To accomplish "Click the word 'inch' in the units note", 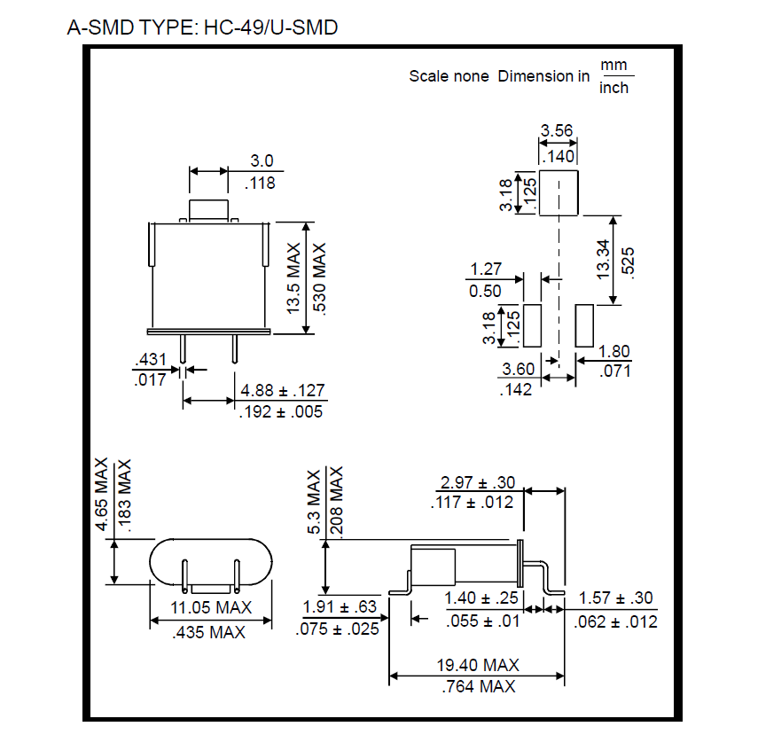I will coord(614,88).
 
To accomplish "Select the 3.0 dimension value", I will coord(262,161).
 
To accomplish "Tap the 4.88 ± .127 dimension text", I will coord(282,390).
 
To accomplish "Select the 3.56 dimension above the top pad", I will coord(557,131).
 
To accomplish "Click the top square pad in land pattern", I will coord(559,192).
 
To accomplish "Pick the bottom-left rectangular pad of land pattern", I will coord(533,326).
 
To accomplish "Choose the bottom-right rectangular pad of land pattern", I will coord(584,326).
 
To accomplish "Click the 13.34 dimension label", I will coord(603,258).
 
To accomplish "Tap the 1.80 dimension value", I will coord(614,351).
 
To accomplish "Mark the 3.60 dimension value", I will coord(518,369).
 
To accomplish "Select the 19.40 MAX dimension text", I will coord(477,665).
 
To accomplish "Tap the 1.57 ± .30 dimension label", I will coord(617,600).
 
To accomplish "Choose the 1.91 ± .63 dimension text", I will coord(340,608).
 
